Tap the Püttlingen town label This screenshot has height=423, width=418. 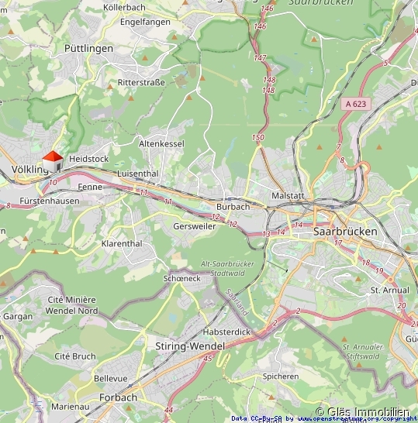pyautogui.click(x=88, y=48)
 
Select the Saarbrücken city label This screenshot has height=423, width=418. pyautogui.click(x=345, y=232)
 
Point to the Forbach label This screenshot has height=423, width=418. pyautogui.click(x=118, y=397)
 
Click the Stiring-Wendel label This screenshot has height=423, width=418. pyautogui.click(x=190, y=346)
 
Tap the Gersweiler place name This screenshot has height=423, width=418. pyautogui.click(x=195, y=225)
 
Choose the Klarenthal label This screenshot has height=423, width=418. pyautogui.click(x=122, y=243)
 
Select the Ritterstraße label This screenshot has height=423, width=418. pyautogui.click(x=141, y=81)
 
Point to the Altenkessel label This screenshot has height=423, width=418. pyautogui.click(x=161, y=144)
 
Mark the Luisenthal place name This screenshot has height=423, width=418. pyautogui.click(x=137, y=174)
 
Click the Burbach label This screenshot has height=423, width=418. pyautogui.click(x=233, y=207)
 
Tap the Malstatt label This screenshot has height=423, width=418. pyautogui.click(x=287, y=197)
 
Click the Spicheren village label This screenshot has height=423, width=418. pyautogui.click(x=281, y=377)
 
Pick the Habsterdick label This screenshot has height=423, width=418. pyautogui.click(x=226, y=331)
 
